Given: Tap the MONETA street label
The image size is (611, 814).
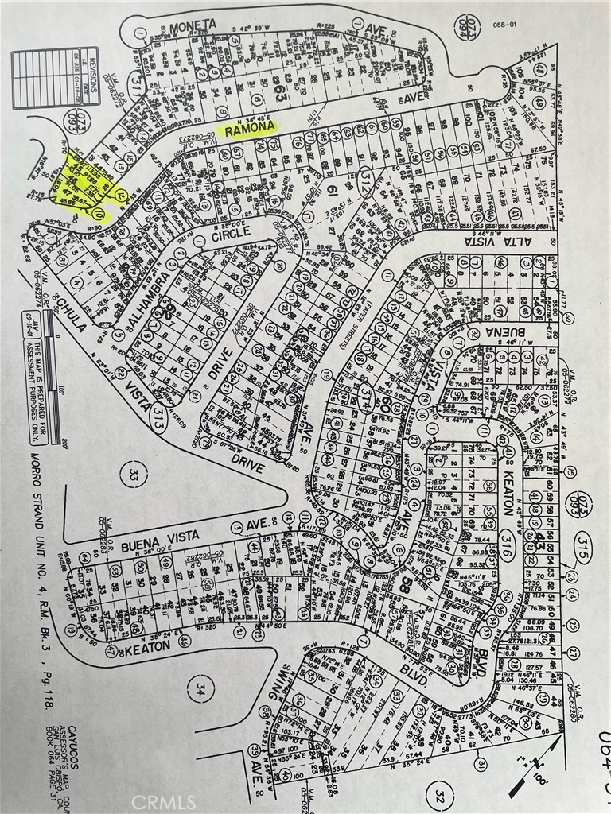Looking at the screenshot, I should pos(192,24).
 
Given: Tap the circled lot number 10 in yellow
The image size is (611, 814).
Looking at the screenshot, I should pos(99,215).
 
